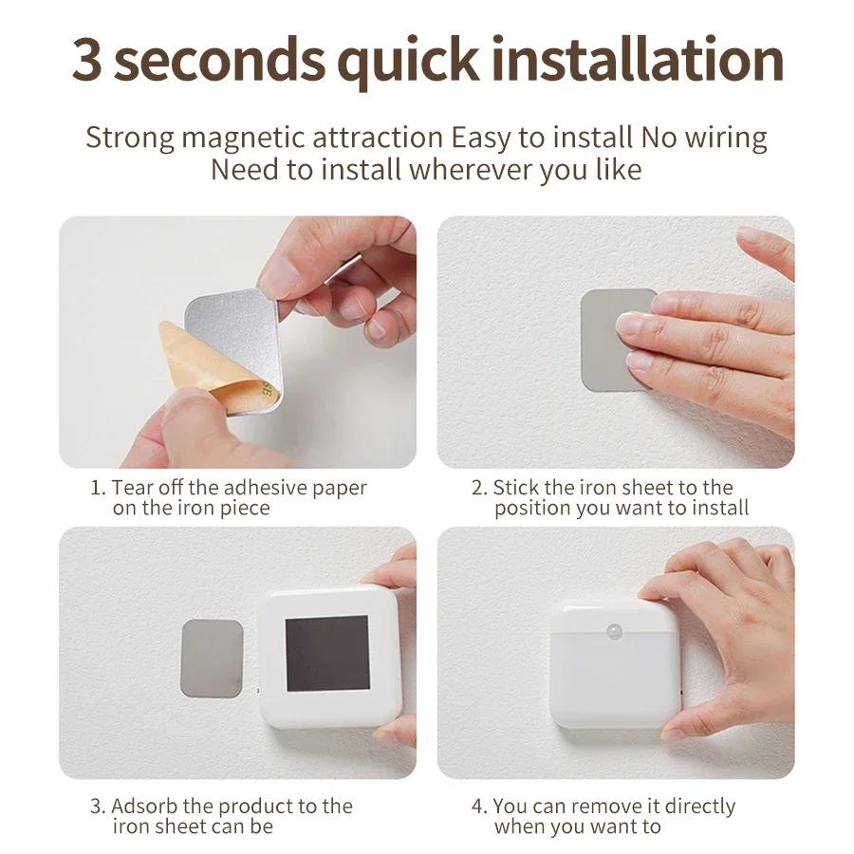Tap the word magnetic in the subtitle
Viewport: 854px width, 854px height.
click(244, 138)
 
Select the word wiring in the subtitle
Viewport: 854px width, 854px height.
click(722, 138)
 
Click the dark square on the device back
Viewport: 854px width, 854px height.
click(326, 653)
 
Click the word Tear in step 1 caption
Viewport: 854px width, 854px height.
click(132, 488)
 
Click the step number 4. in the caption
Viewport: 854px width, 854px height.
click(479, 807)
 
